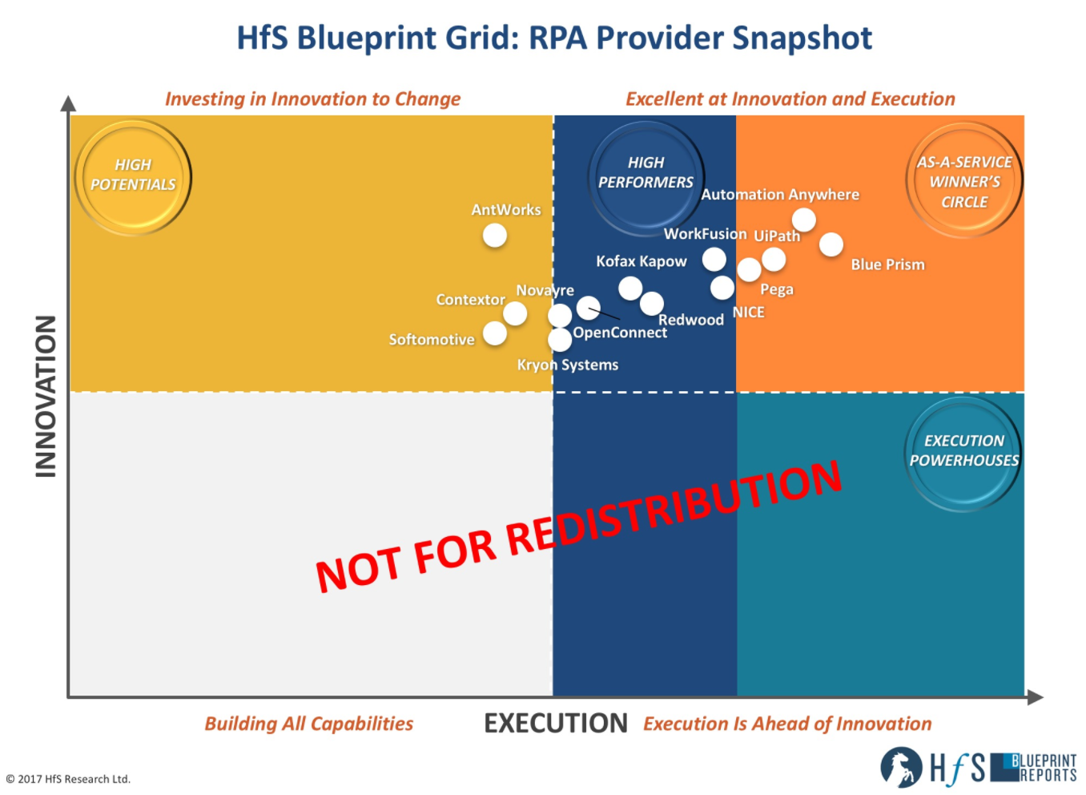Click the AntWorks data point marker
pos(494,236)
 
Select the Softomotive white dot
pos(494,333)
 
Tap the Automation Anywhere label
pos(780,195)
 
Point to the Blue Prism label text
pos(887,264)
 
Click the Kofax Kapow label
pos(642,261)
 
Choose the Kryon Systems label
pos(567,365)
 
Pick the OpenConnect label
pos(620,333)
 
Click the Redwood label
pos(691,320)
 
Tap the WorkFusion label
pos(705,234)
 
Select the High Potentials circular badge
pos(133,178)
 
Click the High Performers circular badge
pos(646,178)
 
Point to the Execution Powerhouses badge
pos(963,454)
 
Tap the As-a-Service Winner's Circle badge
pos(964,180)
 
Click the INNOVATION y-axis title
pos(46,397)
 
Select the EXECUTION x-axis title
pos(556,723)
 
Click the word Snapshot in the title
pos(802,38)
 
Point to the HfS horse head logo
pos(901,768)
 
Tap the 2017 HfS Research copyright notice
pos(68,780)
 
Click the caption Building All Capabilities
pos(309,724)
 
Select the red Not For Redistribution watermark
pos(578,527)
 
